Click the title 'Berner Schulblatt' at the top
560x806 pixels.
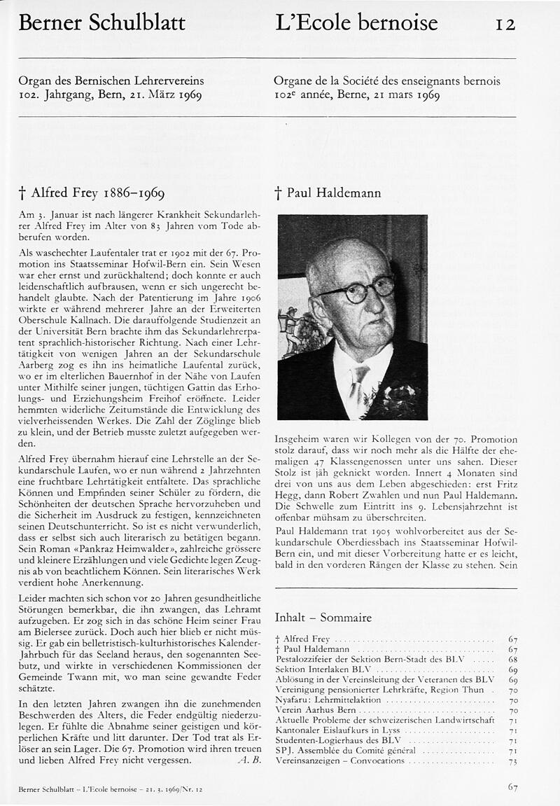(x=102, y=23)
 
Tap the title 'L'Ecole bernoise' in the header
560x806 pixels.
(x=356, y=23)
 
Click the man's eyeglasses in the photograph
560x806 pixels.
(x=359, y=289)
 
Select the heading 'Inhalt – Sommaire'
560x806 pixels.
(x=323, y=618)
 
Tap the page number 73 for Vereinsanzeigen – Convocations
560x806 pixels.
(x=512, y=760)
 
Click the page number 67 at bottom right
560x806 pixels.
(x=512, y=787)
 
